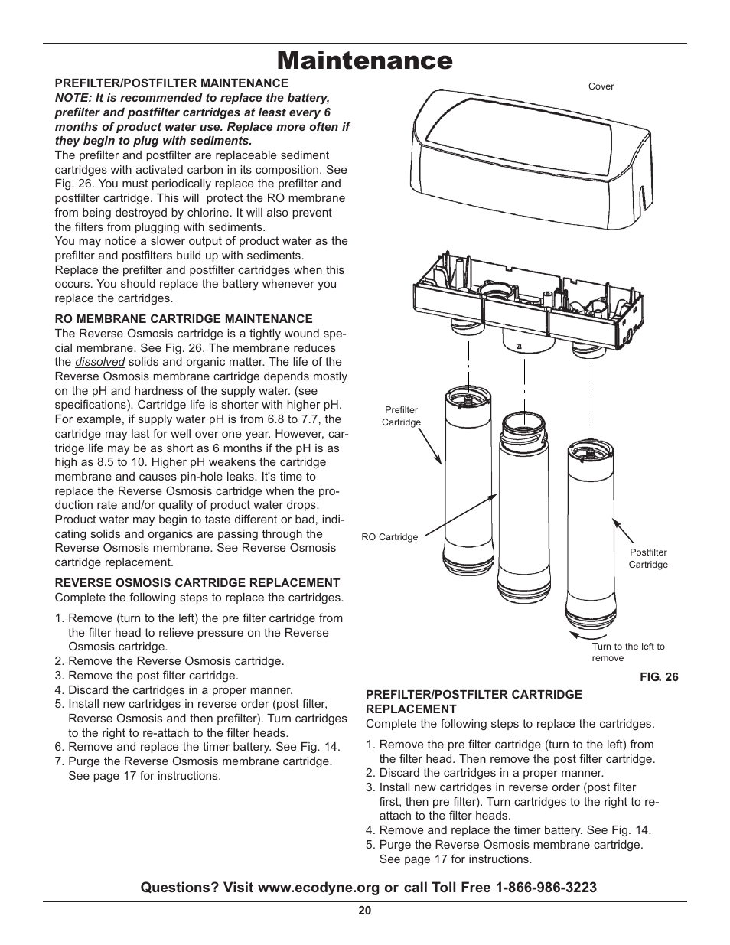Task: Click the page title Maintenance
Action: tap(364, 60)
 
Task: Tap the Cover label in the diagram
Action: tap(601, 86)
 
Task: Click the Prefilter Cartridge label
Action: tap(401, 416)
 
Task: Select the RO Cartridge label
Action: tap(389, 537)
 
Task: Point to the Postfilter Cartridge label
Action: tap(648, 558)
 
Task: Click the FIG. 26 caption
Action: tap(659, 677)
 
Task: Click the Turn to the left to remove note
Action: tap(627, 652)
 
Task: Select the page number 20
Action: tap(364, 911)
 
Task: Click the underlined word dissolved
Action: tap(99, 362)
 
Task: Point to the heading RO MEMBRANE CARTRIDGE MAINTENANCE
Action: tap(184, 318)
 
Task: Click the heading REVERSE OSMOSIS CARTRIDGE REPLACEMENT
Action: tap(197, 582)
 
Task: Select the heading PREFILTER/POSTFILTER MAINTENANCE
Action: tap(171, 83)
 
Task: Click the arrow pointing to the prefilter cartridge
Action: tap(429, 447)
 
